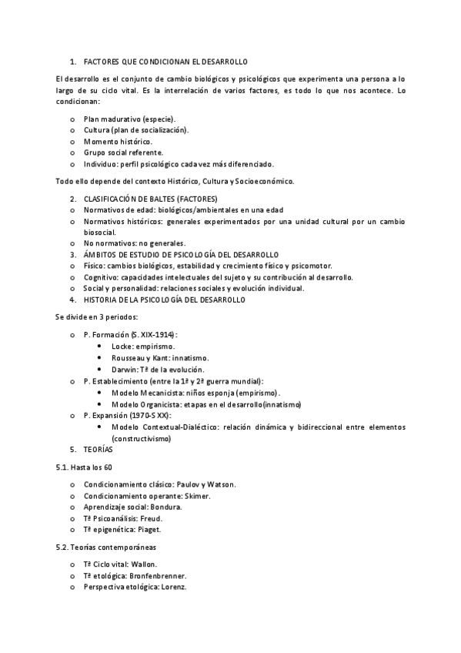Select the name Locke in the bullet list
point(123,347)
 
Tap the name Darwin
point(125,370)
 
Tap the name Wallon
point(143,564)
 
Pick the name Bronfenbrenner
point(159,575)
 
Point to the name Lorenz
point(172,587)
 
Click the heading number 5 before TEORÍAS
point(72,449)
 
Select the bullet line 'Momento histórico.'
point(119,142)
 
